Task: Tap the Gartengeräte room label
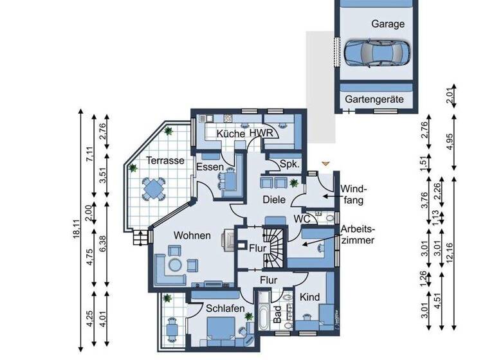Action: point(374,100)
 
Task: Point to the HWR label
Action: point(261,133)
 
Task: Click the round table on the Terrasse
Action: point(154,188)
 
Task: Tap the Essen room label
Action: point(210,167)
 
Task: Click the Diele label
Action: point(274,200)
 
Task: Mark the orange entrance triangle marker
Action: point(325,165)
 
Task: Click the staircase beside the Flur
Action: point(275,246)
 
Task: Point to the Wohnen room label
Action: point(191,235)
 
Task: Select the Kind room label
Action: point(310,297)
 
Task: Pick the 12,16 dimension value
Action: point(457,245)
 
